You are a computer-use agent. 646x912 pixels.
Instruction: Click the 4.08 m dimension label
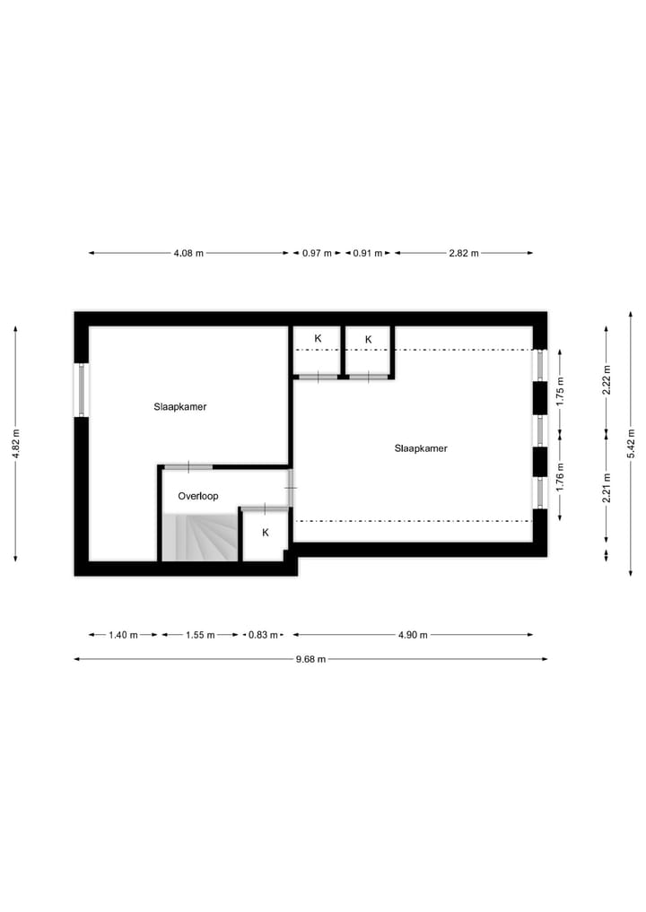coord(188,253)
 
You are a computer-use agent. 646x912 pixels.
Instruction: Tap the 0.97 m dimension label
coord(317,253)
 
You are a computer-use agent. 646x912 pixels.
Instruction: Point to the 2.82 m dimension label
coord(464,253)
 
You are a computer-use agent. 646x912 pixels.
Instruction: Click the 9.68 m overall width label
coord(310,659)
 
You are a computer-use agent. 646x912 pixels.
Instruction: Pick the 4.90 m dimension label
coord(413,635)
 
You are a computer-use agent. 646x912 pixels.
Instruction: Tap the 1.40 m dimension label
coord(123,635)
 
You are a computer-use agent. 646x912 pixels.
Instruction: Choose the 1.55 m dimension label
coord(200,635)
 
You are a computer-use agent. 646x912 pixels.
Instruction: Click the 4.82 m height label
coord(16,444)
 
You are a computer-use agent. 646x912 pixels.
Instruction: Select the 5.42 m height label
coord(632,444)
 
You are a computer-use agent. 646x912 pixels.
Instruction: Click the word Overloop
coord(198,496)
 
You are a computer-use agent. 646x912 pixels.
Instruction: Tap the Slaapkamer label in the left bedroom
coord(180,406)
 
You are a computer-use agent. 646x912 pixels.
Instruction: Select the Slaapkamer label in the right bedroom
coord(421,448)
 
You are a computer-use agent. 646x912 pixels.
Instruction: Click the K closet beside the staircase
coord(265,533)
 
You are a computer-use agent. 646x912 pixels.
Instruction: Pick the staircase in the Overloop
coord(199,537)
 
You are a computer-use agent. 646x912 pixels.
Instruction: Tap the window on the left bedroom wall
coord(82,389)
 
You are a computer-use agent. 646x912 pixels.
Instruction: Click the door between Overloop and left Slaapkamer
coord(188,466)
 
